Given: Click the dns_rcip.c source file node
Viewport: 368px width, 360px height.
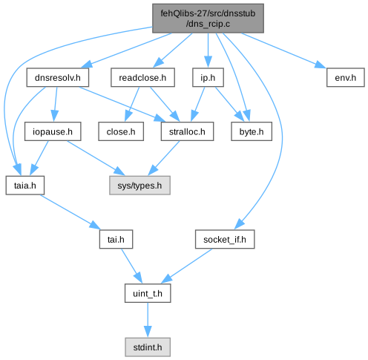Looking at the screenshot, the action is coord(208,19).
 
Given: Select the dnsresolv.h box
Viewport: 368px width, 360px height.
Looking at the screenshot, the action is coord(58,77).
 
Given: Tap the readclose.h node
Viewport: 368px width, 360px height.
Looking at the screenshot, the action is coord(142,77).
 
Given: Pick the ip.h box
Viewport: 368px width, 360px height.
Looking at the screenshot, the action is coord(208,77).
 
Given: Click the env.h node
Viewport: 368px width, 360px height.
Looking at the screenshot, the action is coord(345,77).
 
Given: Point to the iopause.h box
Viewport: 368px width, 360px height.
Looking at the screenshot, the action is coord(53,131).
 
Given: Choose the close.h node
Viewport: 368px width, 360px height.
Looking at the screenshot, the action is coord(121,131).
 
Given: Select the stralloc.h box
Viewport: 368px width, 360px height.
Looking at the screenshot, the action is coord(187,131).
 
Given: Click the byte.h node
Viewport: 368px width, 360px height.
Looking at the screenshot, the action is coord(252,131).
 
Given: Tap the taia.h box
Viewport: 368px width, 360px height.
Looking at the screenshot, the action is coord(25,186).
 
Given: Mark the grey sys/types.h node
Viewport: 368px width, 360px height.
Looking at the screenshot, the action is coord(139,186).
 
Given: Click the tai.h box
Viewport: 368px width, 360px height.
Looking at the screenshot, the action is coord(116,239).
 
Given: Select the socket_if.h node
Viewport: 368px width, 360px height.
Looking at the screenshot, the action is coord(225,239).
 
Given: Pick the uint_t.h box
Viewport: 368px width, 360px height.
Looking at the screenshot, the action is coord(148,293).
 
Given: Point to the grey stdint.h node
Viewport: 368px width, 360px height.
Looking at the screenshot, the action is coord(148,347).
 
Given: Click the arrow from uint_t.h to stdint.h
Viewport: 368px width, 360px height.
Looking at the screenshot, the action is coord(148,320).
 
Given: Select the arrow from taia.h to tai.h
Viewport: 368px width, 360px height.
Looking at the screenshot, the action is coord(70,212).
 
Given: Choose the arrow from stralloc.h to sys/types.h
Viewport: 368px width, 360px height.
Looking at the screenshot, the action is coord(164,158).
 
